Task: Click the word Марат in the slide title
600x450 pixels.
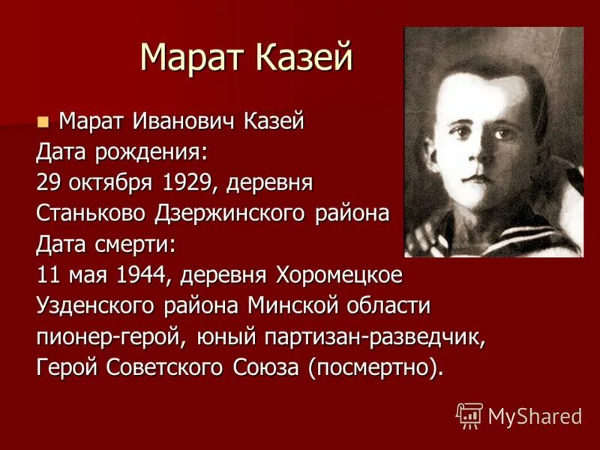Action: [188, 58]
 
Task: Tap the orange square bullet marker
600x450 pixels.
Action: [43, 119]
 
